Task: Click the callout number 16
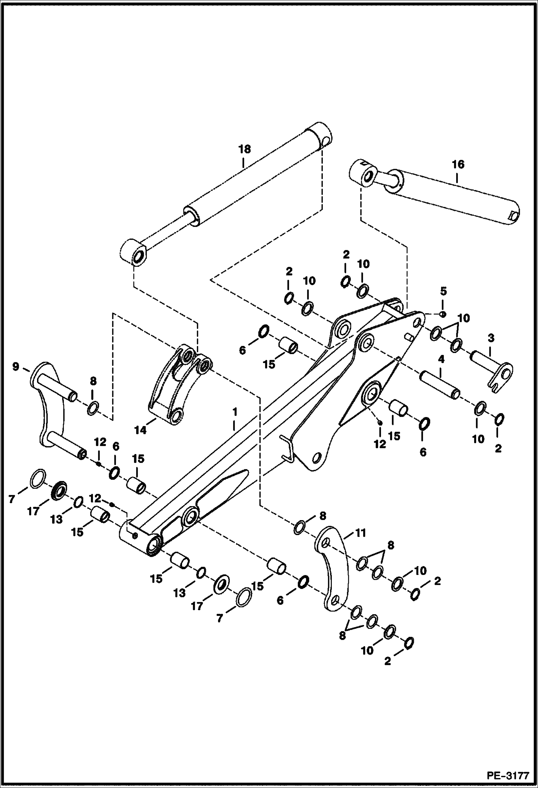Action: point(458,164)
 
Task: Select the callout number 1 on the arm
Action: point(235,411)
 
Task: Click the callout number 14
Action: point(140,430)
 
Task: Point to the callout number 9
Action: point(15,367)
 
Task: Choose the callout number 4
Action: point(441,359)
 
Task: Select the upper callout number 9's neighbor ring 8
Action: point(93,408)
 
